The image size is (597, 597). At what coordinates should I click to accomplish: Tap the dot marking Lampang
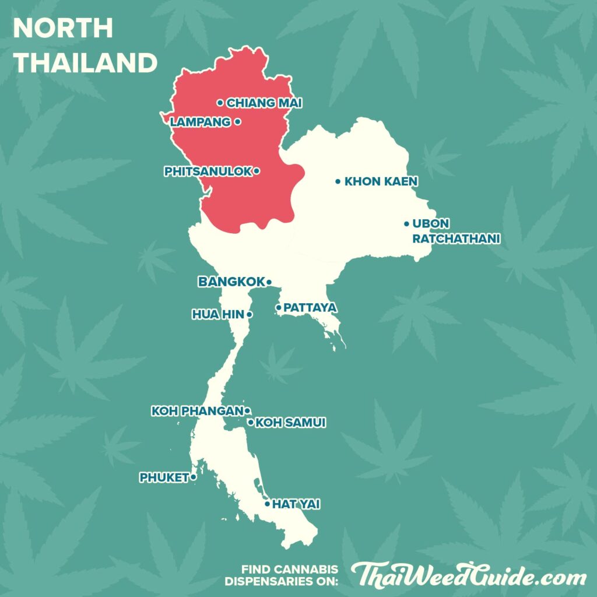click(x=237, y=122)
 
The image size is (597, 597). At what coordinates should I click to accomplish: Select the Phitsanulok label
click(x=208, y=171)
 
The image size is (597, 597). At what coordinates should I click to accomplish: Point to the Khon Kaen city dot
click(x=338, y=181)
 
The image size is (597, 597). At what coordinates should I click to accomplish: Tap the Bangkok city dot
click(x=269, y=282)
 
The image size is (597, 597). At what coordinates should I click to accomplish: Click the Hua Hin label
click(x=218, y=314)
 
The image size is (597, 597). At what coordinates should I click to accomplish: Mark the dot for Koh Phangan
click(x=247, y=410)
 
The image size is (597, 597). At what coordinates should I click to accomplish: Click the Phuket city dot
click(x=193, y=477)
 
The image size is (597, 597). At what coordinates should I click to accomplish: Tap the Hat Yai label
click(x=296, y=504)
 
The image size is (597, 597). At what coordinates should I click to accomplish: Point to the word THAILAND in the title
click(x=85, y=62)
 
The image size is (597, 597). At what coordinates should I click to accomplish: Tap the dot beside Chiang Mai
click(x=220, y=103)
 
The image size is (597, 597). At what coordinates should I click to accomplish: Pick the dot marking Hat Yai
click(x=267, y=504)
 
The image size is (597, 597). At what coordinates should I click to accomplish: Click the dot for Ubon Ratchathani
click(x=406, y=224)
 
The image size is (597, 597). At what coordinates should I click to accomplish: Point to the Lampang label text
click(x=200, y=122)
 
